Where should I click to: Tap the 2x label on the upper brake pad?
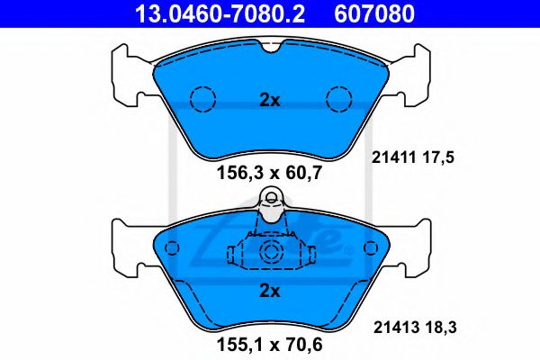270,101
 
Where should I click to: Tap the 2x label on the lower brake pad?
270,290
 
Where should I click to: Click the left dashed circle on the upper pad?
202,97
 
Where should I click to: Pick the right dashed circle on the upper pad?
339,97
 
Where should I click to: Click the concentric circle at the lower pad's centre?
270,254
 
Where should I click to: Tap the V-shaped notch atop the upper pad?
270,48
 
